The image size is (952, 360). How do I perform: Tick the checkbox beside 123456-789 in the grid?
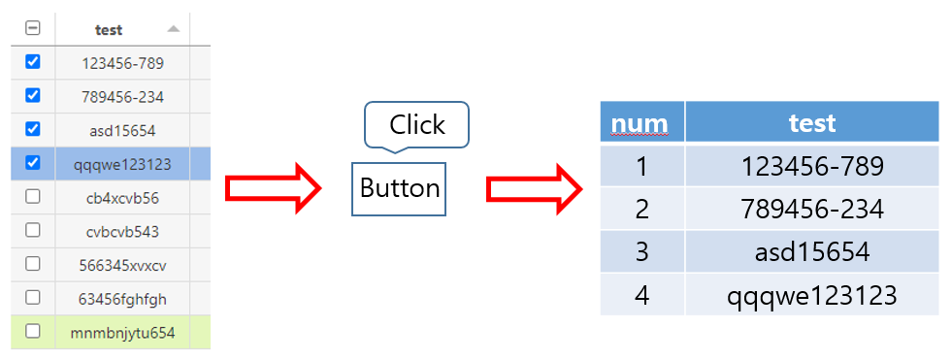33,62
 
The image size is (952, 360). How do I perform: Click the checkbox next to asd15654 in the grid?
33,129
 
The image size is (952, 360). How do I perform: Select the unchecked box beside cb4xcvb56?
33,196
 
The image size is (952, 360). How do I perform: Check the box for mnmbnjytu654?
33,331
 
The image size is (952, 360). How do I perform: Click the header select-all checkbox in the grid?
33,28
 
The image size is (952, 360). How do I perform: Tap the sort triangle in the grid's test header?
174,29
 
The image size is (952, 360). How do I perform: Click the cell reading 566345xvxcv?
122,264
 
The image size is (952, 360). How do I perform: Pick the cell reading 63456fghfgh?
122,298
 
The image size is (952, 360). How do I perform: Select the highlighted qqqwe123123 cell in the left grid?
122,164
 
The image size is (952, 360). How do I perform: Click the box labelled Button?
399,188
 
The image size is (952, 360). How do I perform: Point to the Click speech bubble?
416,124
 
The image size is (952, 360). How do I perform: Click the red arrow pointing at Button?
273,188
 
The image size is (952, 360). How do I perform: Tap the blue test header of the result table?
812,122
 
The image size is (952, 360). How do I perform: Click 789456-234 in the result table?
812,209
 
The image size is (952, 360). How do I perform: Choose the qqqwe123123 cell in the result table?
812,295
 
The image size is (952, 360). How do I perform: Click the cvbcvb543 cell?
122,231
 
